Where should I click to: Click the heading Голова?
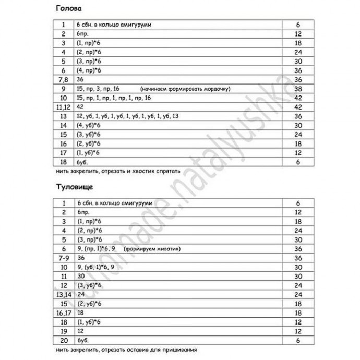coord(66,9)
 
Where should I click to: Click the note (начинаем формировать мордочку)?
coord(186,89)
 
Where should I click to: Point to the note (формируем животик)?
coord(152,249)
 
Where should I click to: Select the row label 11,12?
coord(63,106)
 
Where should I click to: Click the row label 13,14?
coord(63,294)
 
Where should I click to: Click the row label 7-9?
coord(63,258)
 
